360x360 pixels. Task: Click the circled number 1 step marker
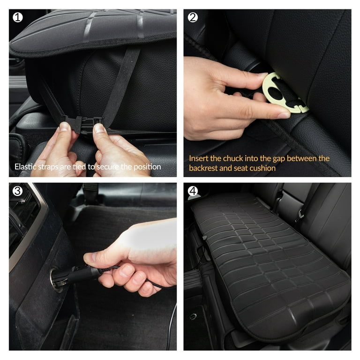tap(17, 17)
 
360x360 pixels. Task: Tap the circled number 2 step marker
tap(192, 17)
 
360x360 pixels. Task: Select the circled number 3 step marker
tap(17, 191)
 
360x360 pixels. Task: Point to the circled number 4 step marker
tap(192, 191)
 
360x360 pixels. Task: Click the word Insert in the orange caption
tap(199, 158)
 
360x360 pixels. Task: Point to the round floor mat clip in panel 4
tap(193, 316)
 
